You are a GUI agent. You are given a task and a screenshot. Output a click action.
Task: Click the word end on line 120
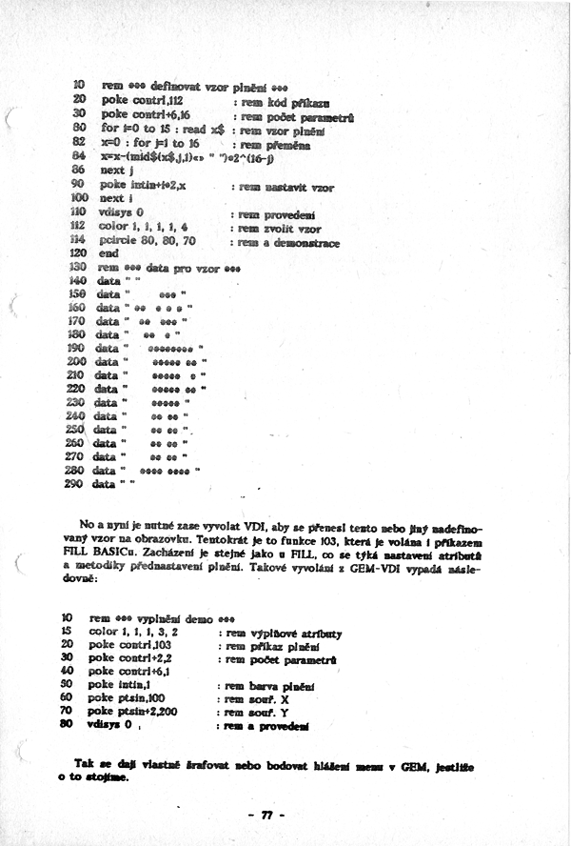pos(108,255)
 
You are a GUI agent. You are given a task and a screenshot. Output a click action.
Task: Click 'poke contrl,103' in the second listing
pos(132,645)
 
